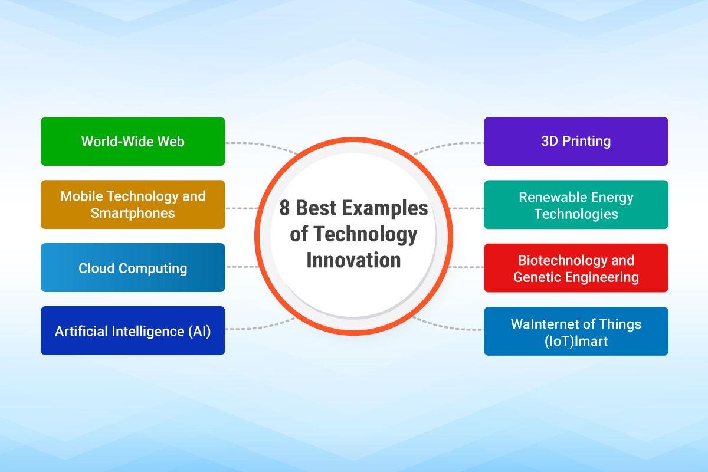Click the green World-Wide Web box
133,142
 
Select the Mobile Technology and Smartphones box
133,204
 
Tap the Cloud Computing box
133,268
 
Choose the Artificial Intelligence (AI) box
133,331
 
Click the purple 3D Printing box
576,142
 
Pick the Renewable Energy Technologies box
576,205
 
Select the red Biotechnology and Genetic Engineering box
576,268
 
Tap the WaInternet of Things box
576,332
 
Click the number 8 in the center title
285,209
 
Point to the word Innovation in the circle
353,260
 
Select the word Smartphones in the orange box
133,213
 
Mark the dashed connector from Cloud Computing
242,267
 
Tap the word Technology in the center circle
365,234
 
